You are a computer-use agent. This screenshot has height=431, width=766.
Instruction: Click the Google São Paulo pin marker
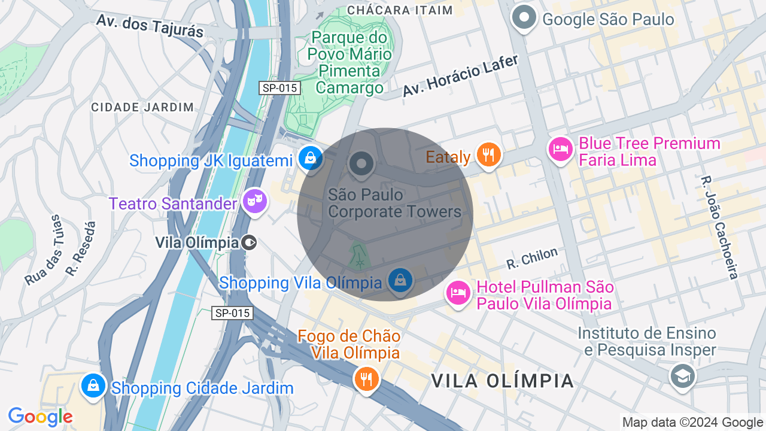tap(525, 17)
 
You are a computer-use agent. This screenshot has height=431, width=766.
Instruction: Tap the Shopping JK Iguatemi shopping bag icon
tap(310, 158)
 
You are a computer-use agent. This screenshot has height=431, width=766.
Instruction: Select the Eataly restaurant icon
tap(489, 154)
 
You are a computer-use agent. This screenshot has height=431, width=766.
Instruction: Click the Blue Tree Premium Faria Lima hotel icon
tap(561, 148)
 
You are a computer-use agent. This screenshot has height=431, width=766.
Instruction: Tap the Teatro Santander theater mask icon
tap(255, 202)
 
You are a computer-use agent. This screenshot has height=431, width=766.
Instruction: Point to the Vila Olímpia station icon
tap(250, 242)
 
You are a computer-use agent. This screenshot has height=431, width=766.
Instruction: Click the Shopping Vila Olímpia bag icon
tap(400, 280)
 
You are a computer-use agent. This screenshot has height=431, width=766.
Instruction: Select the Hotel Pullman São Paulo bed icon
tap(458, 293)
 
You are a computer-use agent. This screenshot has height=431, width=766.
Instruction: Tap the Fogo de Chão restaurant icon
tap(366, 379)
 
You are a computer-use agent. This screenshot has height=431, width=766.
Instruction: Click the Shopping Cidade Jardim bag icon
tap(93, 386)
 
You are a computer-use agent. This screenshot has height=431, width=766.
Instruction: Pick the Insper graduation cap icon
tap(682, 376)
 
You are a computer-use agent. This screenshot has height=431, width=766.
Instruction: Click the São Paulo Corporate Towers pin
tap(361, 163)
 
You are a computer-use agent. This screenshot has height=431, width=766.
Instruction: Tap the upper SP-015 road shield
tap(280, 88)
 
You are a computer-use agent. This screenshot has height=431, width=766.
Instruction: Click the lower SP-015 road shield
tap(232, 313)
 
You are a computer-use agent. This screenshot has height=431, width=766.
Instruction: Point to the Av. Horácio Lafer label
tap(460, 75)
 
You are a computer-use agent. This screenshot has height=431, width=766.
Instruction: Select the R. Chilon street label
tap(531, 258)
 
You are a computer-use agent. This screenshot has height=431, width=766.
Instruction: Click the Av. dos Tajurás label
tap(150, 26)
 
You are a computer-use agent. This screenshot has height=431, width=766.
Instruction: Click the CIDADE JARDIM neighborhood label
tap(142, 108)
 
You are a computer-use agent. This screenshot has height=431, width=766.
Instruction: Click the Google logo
tap(40, 417)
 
